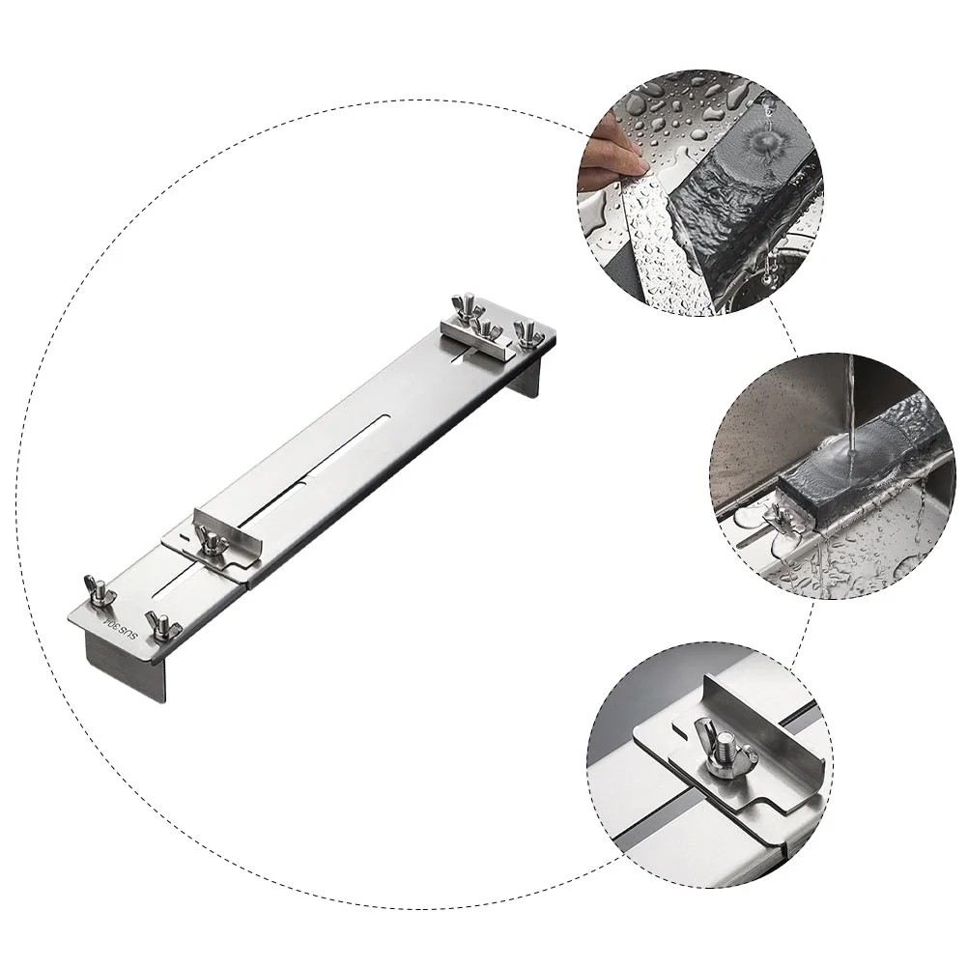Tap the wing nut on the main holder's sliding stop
[210, 540]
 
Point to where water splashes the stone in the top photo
[764, 139]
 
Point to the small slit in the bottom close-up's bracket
[678, 731]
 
